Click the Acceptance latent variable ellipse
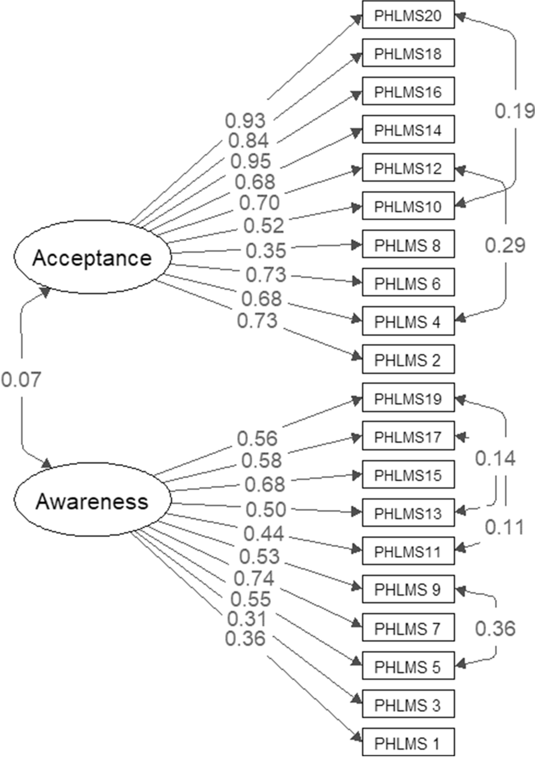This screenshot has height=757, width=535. pos(92,258)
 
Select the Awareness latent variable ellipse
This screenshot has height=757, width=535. pos(92,501)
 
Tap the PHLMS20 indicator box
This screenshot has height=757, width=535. pos(408,15)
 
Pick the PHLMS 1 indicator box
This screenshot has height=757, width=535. pos(408,743)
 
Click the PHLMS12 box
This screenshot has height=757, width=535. pos(408,168)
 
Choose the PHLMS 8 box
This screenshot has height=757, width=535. pos(408,245)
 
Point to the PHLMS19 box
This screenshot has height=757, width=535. pos(408,398)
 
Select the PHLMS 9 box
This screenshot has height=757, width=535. pos(408,589)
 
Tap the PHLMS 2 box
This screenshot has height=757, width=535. pos(408,360)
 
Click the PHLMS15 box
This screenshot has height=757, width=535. pos(408,475)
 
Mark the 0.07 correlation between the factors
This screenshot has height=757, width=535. pos(21,380)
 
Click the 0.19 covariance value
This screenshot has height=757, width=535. pos(515,111)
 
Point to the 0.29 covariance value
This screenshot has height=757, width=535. pos(505,245)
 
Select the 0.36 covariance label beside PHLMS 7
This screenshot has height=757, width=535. pos(495,628)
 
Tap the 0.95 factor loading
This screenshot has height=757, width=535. pos(251,161)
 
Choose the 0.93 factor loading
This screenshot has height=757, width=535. pos(246,120)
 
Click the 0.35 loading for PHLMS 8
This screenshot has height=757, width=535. pos(266,250)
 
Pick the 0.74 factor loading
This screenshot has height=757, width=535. pos(254,578)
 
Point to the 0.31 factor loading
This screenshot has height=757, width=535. pos(247,619)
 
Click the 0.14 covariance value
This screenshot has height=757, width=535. pos(495,458)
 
